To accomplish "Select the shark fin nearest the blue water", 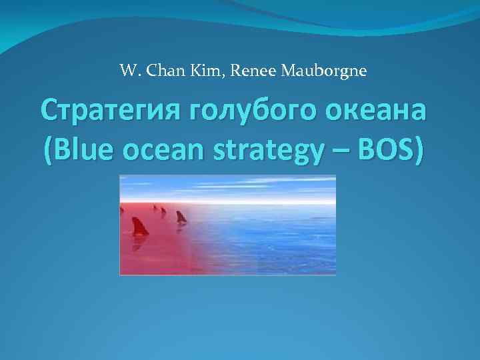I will tap(181, 217).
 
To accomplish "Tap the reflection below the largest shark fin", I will tap(139, 244).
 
